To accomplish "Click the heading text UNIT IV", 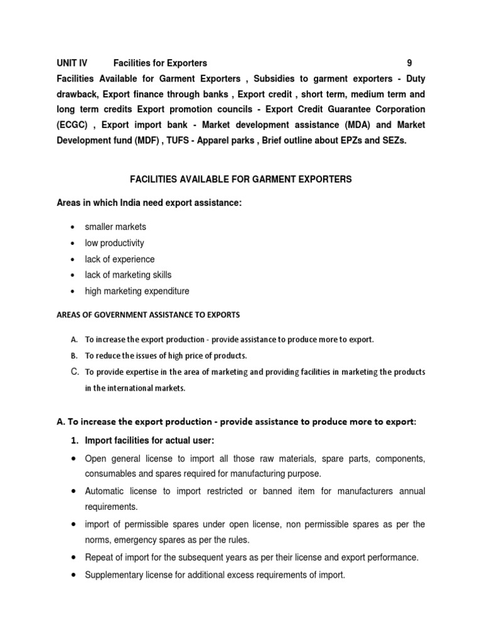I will (72, 63).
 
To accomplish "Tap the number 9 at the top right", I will (410, 63).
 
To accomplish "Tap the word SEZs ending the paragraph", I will (394, 141).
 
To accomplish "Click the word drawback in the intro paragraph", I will (80, 94).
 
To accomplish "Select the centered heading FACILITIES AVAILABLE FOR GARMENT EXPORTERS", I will (241, 180).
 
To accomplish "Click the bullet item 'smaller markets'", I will (115, 227).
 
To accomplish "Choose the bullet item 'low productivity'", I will (114, 243).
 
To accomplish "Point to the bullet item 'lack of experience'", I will (119, 259).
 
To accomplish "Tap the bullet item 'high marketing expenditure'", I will (137, 291).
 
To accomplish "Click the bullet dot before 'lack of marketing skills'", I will (73, 276).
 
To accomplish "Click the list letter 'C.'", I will (74, 372).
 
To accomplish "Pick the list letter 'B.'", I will (74, 355).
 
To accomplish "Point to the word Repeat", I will (99, 557).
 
